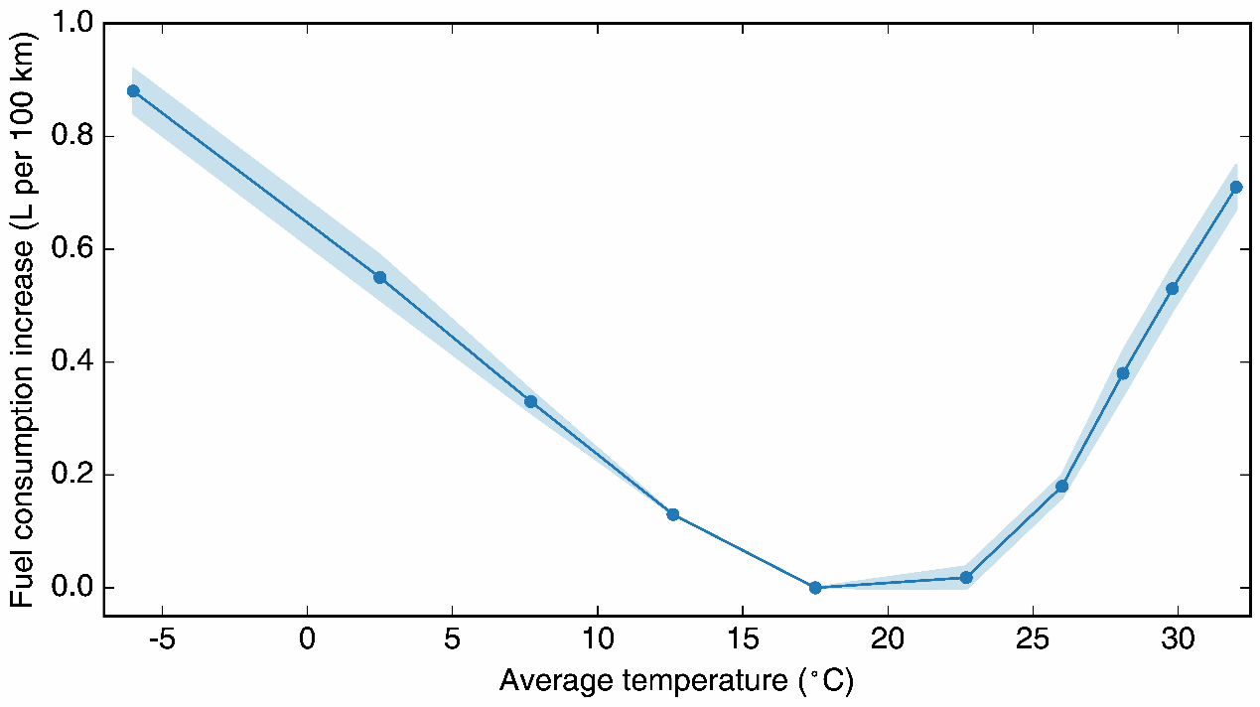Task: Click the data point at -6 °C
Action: point(133,91)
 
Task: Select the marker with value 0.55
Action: point(379,277)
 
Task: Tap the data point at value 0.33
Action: point(530,401)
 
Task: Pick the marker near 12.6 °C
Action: point(673,514)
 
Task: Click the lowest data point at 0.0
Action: point(815,588)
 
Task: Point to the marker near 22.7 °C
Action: point(966,577)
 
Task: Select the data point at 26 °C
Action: point(1062,487)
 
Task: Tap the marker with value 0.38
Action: point(1123,373)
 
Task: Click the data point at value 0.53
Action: point(1173,288)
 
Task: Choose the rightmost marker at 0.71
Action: point(1236,187)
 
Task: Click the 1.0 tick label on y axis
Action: point(69,23)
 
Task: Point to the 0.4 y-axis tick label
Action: point(69,361)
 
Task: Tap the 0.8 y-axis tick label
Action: point(69,136)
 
